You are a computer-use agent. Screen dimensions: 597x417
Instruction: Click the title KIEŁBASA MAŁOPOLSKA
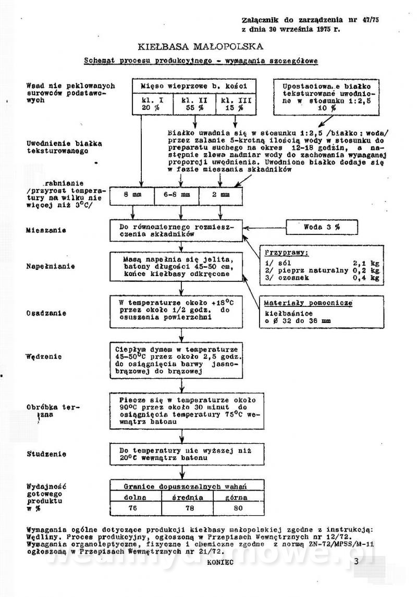tap(200, 46)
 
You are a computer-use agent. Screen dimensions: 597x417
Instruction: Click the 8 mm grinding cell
tap(132, 195)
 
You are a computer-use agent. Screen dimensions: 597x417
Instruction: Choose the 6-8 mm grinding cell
tap(177, 195)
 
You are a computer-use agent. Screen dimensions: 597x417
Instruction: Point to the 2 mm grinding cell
tap(221, 195)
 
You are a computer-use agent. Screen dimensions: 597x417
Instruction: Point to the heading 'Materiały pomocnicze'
tap(309, 303)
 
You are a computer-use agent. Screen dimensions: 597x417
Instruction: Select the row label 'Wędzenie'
tap(44, 357)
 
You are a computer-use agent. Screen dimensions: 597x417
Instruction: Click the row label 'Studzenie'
tap(46, 454)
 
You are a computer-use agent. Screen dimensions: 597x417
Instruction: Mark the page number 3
tap(356, 562)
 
